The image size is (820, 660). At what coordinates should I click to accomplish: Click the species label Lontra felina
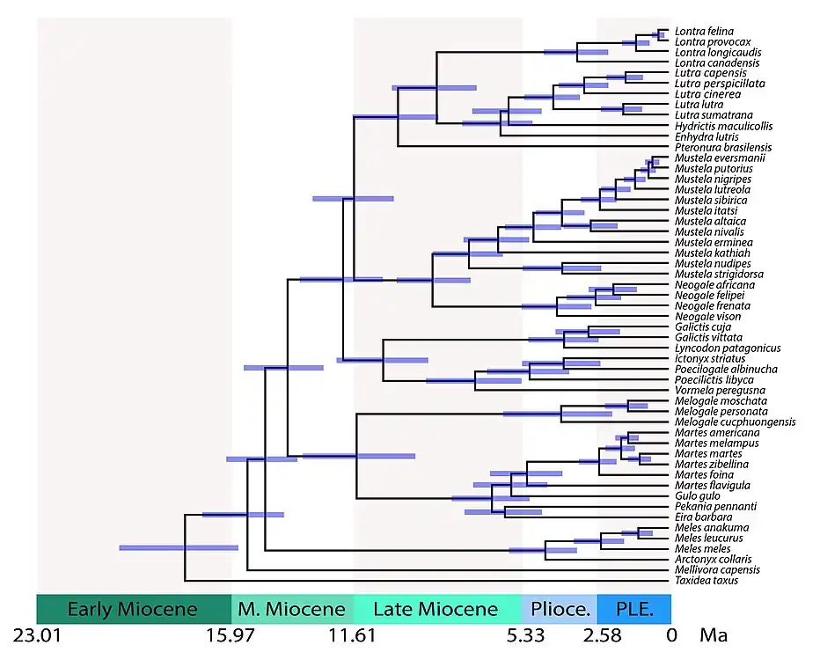pyautogui.click(x=703, y=32)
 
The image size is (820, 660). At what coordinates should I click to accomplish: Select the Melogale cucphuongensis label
pyautogui.click(x=735, y=422)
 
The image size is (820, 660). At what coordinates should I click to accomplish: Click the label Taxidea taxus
pyautogui.click(x=706, y=581)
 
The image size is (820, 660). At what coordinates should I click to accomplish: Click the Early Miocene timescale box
pyautogui.click(x=133, y=609)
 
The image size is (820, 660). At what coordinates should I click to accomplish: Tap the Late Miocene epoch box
pyautogui.click(x=436, y=609)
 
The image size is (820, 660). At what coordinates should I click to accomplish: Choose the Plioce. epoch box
pyautogui.click(x=560, y=609)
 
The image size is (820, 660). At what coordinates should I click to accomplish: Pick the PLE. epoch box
pyautogui.click(x=633, y=609)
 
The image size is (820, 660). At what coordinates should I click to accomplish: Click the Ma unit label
pyautogui.click(x=712, y=635)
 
